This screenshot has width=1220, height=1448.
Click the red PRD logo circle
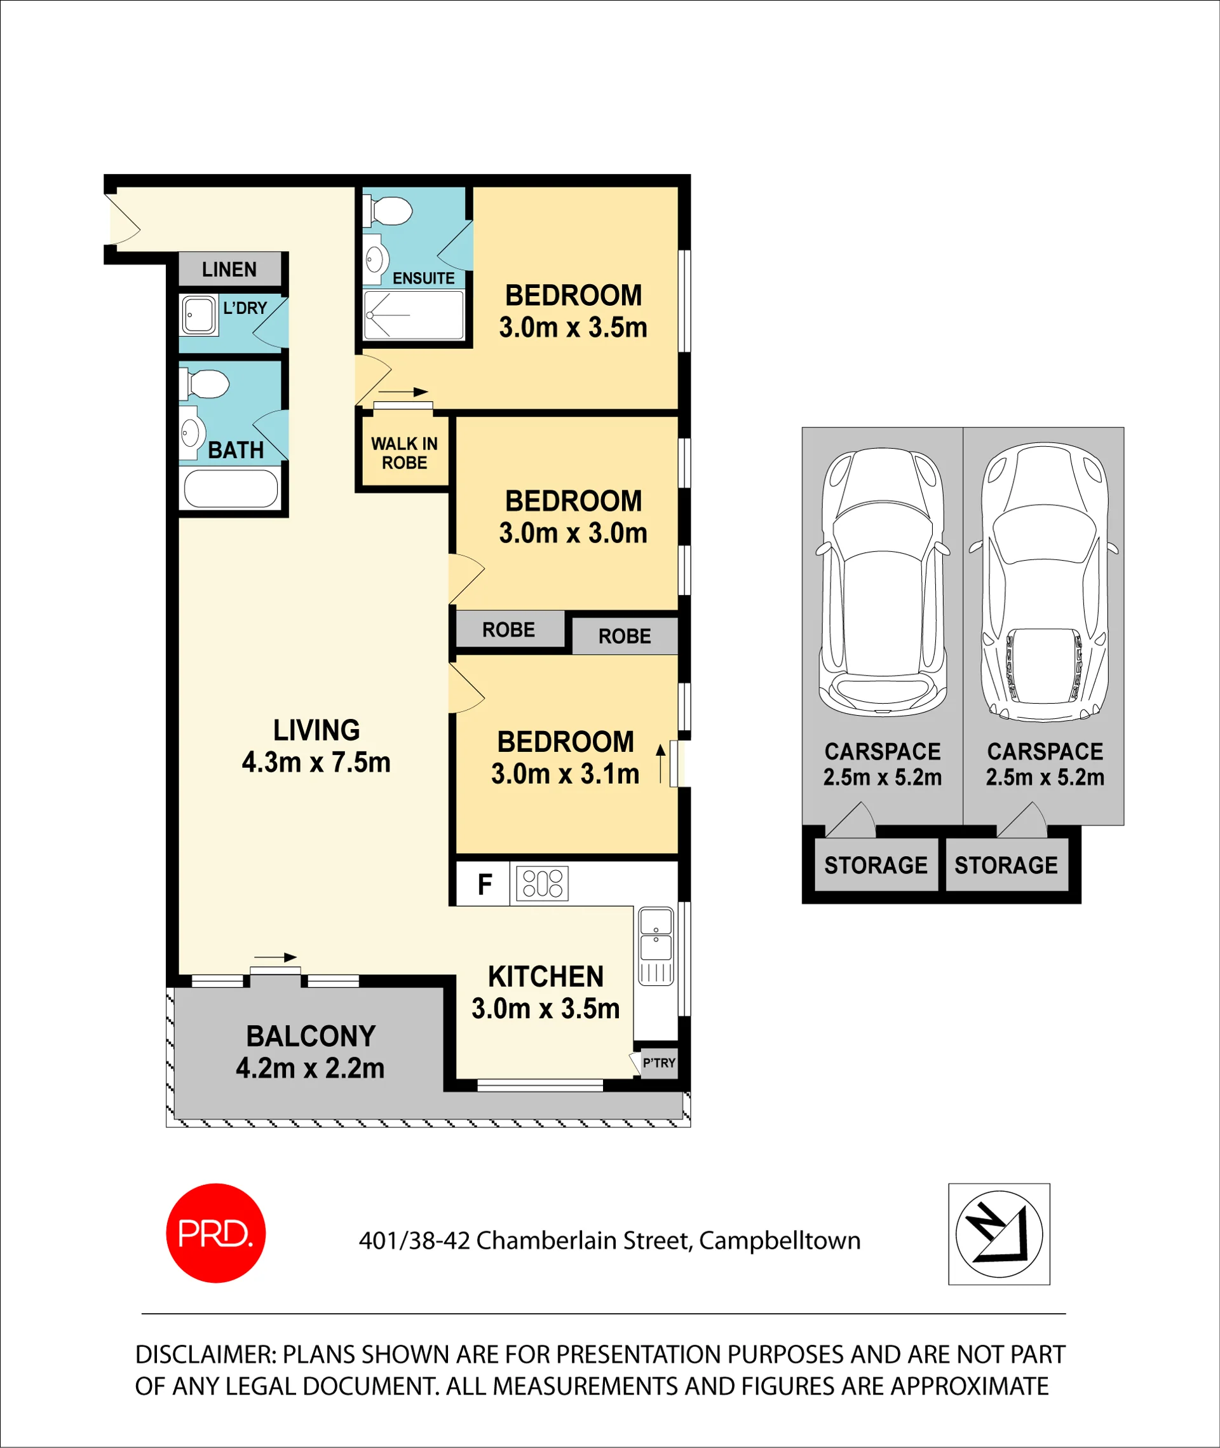pos(216,1233)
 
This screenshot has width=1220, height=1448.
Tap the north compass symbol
pos(999,1234)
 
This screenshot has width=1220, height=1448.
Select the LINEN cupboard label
pos(229,269)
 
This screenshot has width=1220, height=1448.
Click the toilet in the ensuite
pos(388,211)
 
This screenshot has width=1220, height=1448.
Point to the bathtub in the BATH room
pos(231,489)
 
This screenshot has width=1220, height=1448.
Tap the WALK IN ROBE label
pos(404,453)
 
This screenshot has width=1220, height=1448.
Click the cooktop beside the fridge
pos(542,884)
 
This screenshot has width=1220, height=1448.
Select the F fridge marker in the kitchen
pos(485,884)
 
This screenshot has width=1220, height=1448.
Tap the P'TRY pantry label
pos(658,1063)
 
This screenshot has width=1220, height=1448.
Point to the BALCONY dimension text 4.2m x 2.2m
pos(310,1068)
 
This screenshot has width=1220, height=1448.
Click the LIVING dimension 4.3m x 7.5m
pos(316,762)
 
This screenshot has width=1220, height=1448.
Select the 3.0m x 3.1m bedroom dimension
pos(565,774)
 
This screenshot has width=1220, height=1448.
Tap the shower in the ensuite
pos(414,315)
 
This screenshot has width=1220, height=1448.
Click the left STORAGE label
pos(876,864)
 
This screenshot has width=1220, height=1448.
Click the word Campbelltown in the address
pos(780,1240)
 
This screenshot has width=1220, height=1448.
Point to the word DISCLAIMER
pos(205,1355)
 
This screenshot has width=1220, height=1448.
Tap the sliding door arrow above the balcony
pos(275,957)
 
